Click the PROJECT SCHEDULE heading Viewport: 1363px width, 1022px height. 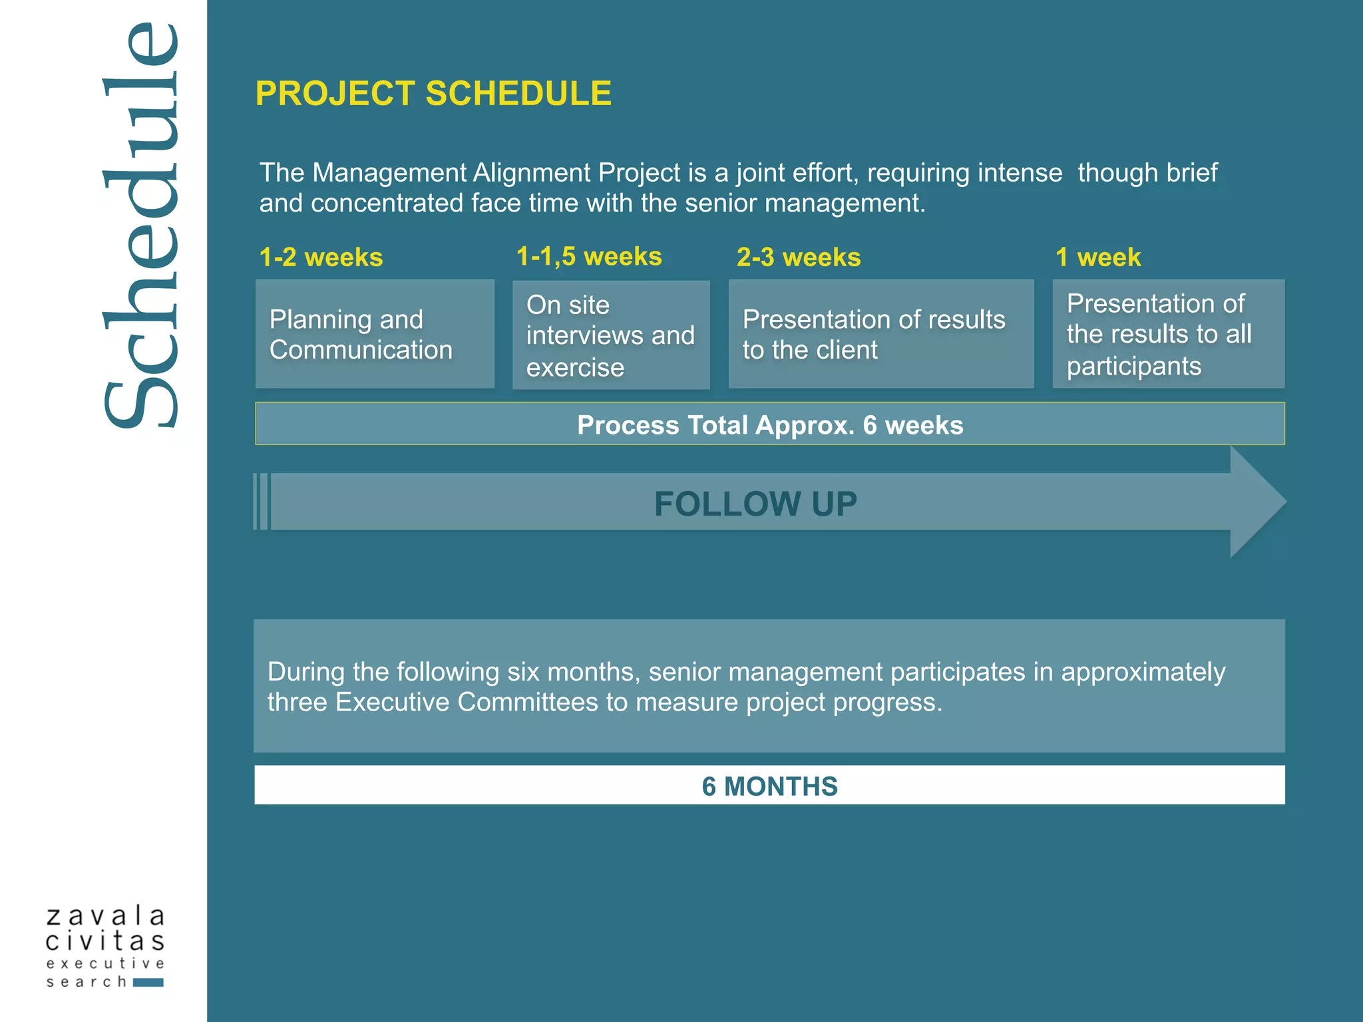(x=433, y=93)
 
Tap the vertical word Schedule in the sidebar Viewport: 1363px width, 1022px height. (x=141, y=226)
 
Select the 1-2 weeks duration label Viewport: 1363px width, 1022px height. (x=321, y=257)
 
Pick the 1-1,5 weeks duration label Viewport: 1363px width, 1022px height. (x=589, y=257)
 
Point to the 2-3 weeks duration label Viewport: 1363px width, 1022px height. (x=798, y=257)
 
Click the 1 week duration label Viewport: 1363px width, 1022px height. (x=1098, y=257)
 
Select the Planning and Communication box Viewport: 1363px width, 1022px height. (x=375, y=334)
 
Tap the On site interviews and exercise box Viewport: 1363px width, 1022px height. (x=610, y=335)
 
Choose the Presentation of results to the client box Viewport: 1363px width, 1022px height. (x=880, y=334)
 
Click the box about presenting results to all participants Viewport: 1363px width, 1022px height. (x=1168, y=334)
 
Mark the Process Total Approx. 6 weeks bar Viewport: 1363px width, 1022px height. (x=769, y=425)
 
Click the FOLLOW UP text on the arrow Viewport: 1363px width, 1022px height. (x=755, y=504)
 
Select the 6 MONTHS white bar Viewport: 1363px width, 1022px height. (x=769, y=786)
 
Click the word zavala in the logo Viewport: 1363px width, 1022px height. (x=105, y=916)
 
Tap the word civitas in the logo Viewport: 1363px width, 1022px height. (x=105, y=941)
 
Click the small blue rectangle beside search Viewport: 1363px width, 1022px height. (x=148, y=983)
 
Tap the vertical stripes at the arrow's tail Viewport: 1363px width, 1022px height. (x=262, y=502)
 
